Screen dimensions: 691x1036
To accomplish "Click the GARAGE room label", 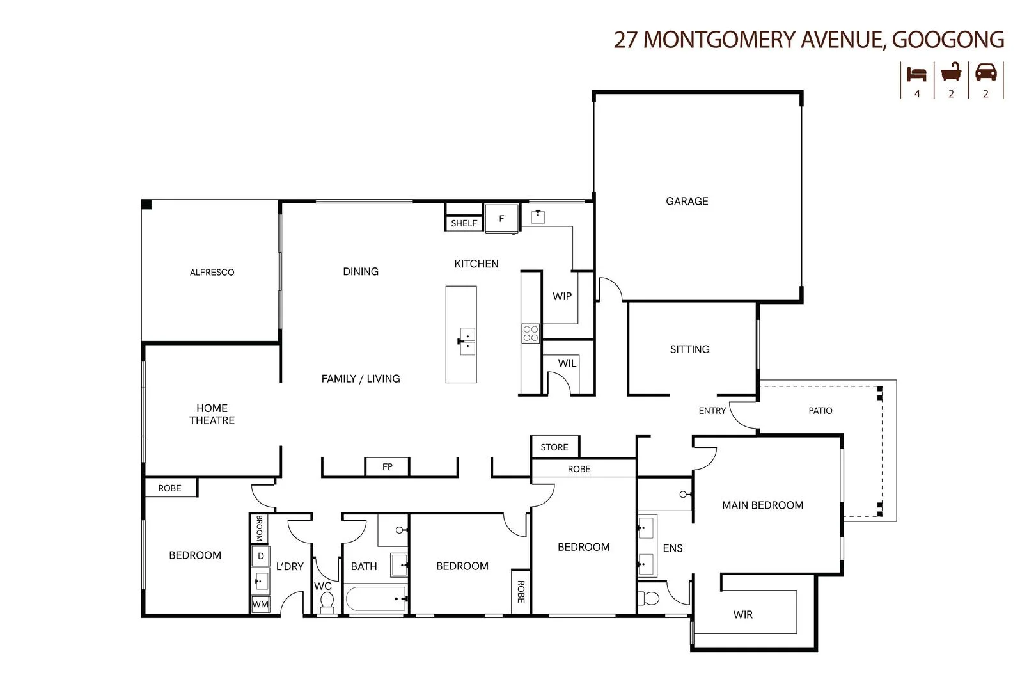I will (687, 202).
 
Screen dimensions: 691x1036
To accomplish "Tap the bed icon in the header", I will (916, 74).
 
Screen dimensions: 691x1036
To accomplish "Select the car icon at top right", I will (985, 72).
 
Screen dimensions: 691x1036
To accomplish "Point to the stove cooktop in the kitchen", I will (531, 333).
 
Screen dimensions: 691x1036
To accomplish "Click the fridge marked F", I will (501, 219).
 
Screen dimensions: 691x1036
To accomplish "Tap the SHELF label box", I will (464, 223).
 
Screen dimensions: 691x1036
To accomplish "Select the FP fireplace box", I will (387, 467).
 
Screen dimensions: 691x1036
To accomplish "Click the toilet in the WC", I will (327, 601).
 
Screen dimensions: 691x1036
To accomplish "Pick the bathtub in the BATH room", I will (376, 600).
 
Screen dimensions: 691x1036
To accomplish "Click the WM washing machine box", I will (260, 604).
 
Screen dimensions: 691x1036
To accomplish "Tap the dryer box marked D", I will (260, 556).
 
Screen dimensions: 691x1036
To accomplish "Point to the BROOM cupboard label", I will (259, 528).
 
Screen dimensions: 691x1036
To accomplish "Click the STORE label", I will (554, 447).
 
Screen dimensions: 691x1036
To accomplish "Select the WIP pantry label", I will (562, 296).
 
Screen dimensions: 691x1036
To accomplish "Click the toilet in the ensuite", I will (649, 599).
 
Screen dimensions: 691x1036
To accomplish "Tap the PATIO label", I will (820, 411).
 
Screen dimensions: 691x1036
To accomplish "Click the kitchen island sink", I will (467, 342).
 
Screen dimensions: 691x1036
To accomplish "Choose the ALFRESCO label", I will (212, 273).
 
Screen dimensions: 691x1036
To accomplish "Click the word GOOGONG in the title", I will (948, 40).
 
